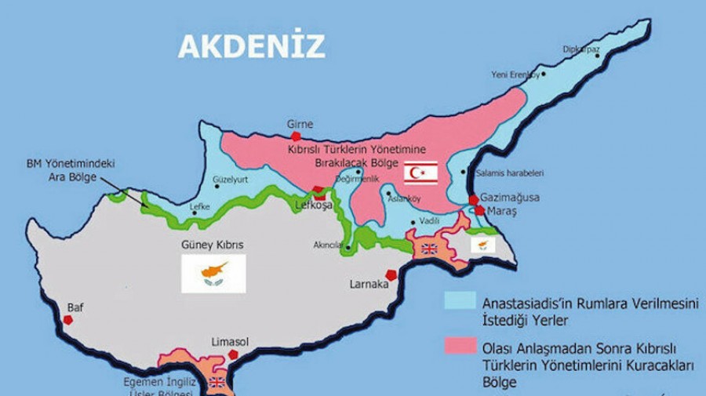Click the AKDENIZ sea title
pos(251,46)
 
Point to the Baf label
pos(75,307)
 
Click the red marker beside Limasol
pos(233,355)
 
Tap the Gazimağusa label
pos(511,197)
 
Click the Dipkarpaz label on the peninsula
pos(581,49)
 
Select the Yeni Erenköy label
pos(515,74)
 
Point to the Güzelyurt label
pos(230,179)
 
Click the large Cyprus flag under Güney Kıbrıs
pos(213,274)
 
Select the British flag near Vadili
pos(429,249)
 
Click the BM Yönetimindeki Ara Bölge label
pos(70,170)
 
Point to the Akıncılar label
pos(327,245)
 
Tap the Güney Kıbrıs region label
pos(212,245)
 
